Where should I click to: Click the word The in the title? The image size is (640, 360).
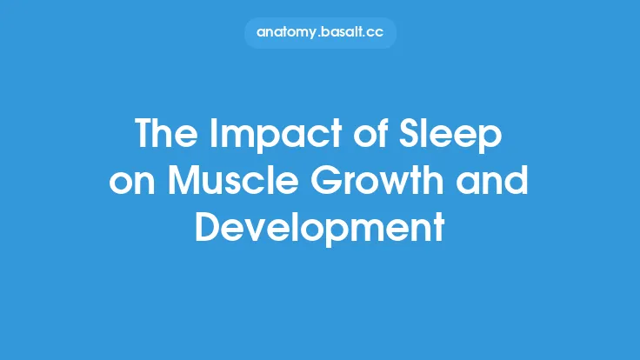(163, 136)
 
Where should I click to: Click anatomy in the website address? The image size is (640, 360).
(289, 33)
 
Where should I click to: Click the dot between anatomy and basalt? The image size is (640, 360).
(322, 36)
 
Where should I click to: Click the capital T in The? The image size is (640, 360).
(144, 136)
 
